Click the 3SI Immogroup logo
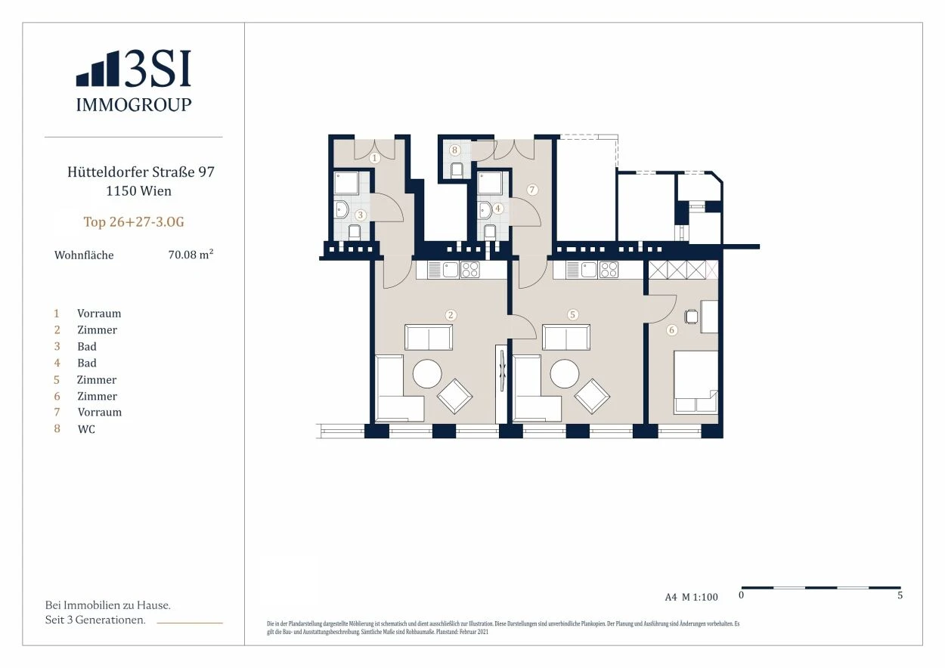(134, 81)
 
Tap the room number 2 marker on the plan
(451, 315)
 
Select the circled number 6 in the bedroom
(671, 329)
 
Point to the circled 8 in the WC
(454, 150)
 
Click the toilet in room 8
(457, 170)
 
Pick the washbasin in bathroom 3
(341, 209)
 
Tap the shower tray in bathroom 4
(489, 183)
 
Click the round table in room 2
(427, 373)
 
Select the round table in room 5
(565, 373)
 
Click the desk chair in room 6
(692, 317)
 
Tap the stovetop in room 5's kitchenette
(609, 270)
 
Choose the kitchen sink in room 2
(450, 270)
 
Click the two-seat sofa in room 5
(566, 337)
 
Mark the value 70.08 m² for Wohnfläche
(191, 255)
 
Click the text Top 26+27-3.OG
(134, 222)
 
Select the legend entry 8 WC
(75, 429)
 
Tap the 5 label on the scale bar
(900, 595)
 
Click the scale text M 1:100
(700, 597)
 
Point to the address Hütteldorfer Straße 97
(141, 172)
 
